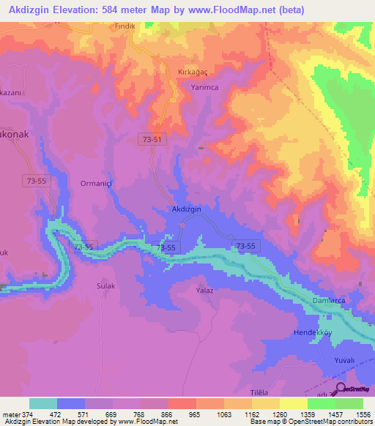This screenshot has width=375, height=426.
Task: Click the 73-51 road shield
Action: pyautogui.click(x=151, y=138)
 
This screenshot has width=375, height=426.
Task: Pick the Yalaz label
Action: pyautogui.click(x=204, y=291)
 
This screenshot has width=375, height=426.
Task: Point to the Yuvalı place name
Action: pyautogui.click(x=344, y=360)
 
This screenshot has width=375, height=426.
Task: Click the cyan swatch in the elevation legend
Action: pyautogui.click(x=43, y=403)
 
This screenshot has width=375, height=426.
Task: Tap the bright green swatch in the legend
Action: pyautogui.click(x=349, y=403)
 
